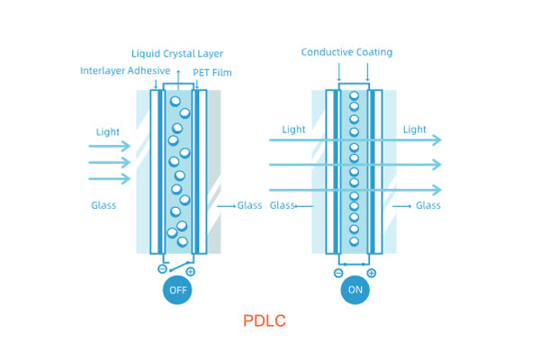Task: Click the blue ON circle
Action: coord(355,290)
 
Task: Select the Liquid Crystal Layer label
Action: coord(177,54)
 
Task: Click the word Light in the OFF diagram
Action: coord(108,132)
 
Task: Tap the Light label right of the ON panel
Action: coord(415,130)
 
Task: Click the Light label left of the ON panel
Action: coord(293,130)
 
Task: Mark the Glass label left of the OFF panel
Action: coord(103,205)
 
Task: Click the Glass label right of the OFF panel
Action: coord(249,205)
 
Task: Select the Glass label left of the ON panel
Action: coord(283,205)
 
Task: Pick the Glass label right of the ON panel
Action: coord(427,205)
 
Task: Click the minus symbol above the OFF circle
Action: coord(162,268)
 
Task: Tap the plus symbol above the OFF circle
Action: coord(190,271)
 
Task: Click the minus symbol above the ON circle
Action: coord(338,273)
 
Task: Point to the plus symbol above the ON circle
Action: coord(371,273)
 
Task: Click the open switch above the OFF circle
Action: coord(176,266)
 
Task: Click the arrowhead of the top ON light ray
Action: coord(437,139)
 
